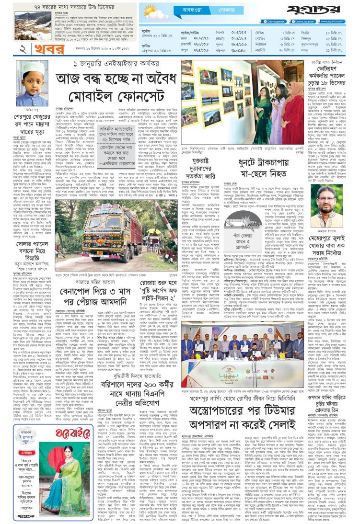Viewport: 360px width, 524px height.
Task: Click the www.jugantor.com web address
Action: pos(336,22)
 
